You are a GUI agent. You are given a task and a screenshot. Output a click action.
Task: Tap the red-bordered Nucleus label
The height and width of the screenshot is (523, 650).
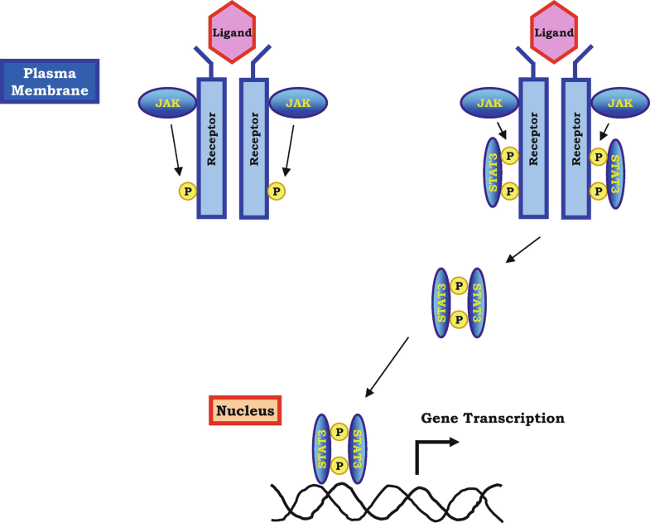(x=245, y=410)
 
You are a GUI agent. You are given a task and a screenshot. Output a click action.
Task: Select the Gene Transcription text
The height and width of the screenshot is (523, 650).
(x=492, y=418)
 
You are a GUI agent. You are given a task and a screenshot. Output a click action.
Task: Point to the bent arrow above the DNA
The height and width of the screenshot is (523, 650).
(x=432, y=453)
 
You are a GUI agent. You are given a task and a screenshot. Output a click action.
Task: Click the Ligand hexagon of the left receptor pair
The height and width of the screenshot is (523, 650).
(x=232, y=32)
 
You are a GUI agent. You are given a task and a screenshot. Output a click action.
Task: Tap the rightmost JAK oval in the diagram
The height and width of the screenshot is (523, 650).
(x=622, y=103)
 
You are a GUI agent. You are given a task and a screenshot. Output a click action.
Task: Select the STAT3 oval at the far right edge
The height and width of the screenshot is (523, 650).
(x=615, y=173)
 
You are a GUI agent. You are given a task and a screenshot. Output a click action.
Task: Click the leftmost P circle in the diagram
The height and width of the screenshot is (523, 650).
(x=188, y=191)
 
